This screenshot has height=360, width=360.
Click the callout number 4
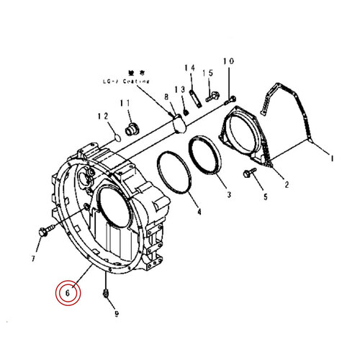[199, 213]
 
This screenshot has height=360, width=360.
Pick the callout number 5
[264, 196]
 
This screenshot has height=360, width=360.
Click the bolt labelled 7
[43, 232]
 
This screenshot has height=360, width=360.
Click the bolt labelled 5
[249, 173]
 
